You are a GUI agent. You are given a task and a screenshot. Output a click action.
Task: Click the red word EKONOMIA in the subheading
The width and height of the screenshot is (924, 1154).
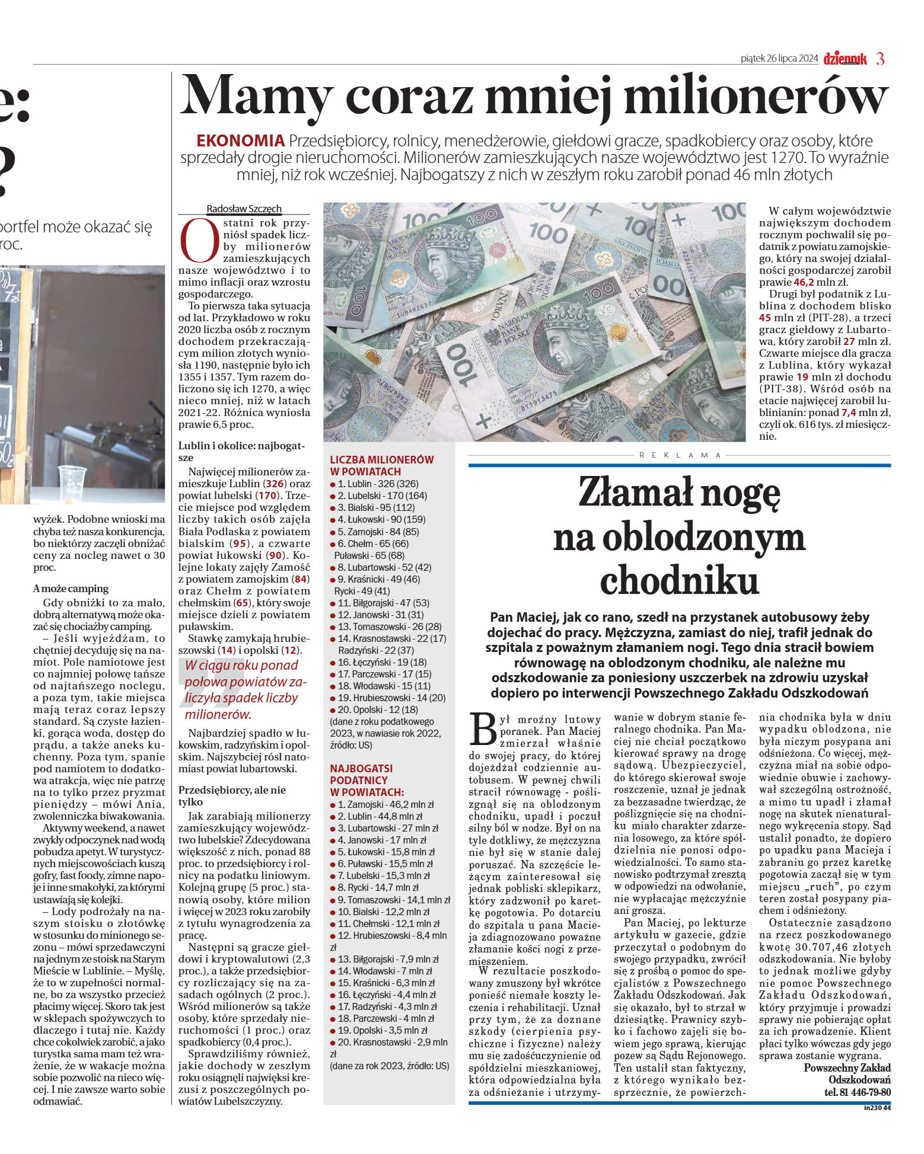(x=240, y=141)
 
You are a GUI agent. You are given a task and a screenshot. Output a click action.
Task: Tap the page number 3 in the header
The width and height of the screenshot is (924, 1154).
(x=880, y=59)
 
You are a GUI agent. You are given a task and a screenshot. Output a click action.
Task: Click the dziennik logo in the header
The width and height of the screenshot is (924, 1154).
(x=845, y=59)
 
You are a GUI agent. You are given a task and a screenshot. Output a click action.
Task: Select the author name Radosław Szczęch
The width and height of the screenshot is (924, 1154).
(x=244, y=209)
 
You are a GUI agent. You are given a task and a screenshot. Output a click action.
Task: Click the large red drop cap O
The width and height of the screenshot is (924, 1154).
(x=199, y=240)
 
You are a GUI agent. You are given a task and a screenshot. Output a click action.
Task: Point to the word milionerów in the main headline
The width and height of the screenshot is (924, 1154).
(x=756, y=96)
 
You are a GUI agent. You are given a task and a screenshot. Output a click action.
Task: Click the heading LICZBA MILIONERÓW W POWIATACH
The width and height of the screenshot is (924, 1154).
(x=381, y=465)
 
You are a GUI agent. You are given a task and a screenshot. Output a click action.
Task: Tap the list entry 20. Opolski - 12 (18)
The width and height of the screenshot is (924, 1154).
(x=378, y=709)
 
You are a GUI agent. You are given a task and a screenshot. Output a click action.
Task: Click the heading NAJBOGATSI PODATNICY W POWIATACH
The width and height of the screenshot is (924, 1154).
(x=367, y=780)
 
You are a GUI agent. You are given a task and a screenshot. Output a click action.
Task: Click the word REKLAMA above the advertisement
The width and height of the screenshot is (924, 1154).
(x=680, y=455)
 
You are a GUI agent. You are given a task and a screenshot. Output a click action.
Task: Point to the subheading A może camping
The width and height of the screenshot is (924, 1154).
(x=71, y=589)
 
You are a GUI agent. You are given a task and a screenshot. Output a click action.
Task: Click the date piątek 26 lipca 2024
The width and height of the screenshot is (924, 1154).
(x=779, y=58)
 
